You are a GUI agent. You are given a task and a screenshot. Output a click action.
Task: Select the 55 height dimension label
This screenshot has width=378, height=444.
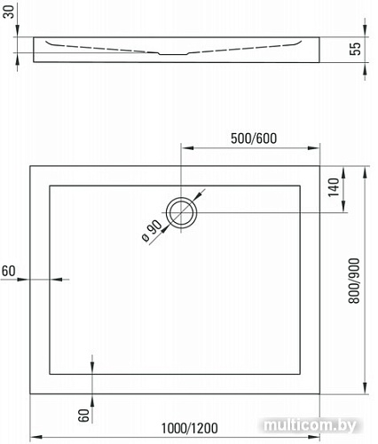tap(354, 50)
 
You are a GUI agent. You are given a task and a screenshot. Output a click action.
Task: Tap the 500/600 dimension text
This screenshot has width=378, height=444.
tap(253, 138)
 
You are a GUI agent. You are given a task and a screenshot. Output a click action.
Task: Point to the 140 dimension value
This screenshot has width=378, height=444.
tap(334, 187)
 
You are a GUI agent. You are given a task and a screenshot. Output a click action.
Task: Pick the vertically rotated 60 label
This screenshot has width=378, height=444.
tap(82, 413)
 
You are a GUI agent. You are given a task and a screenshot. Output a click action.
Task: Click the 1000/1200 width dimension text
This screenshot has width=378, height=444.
tap(189, 428)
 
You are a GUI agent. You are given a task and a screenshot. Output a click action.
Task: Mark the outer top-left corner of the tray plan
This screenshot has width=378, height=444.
tap(31, 165)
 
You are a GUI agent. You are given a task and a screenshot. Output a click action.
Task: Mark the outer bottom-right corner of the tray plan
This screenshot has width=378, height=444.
tap(322, 394)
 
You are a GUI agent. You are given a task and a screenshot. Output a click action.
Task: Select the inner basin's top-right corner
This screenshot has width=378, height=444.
tap(303, 185)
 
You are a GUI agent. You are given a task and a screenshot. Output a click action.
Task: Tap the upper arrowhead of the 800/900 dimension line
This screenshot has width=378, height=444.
tap(366, 170)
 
